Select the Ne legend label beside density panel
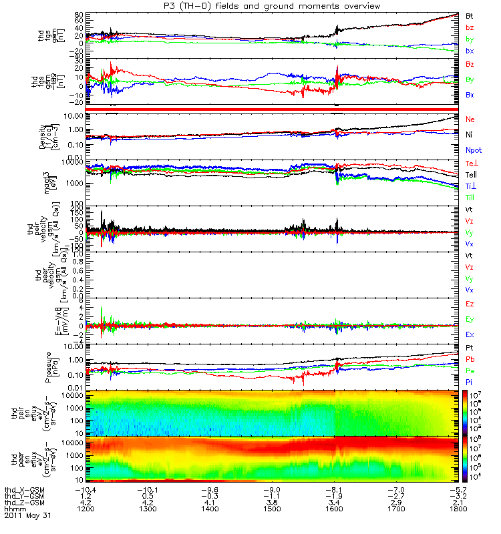tap(470, 119)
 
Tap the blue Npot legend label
tap(474, 150)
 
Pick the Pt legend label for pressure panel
tap(469, 348)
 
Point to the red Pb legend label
tap(470, 359)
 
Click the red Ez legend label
tap(470, 304)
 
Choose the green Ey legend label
tap(470, 319)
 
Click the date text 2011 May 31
tap(27, 516)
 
